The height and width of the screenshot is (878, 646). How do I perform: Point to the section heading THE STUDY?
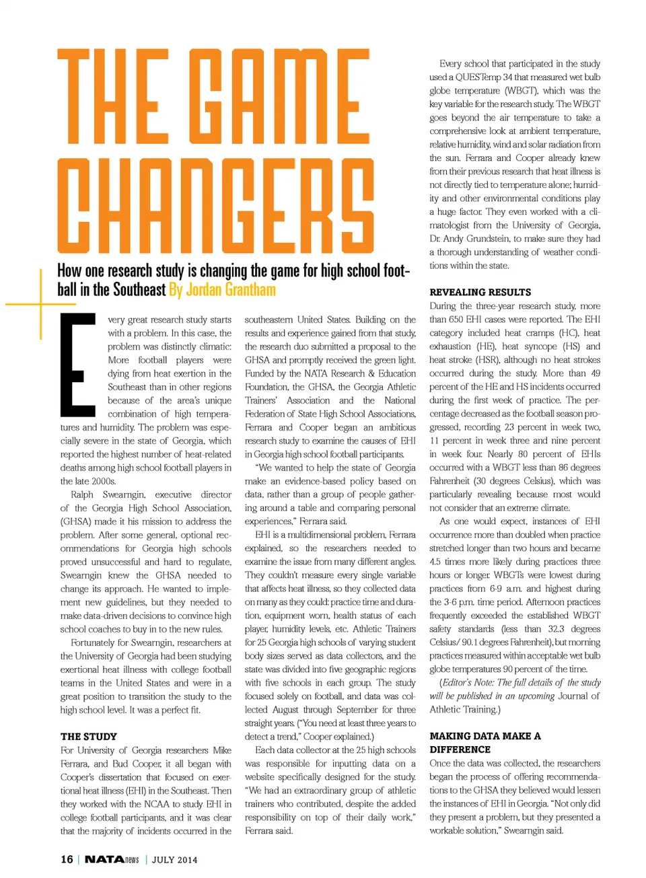click(88, 736)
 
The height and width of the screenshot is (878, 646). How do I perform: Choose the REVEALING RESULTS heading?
click(480, 292)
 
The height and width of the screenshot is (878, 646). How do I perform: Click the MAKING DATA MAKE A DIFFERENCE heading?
click(485, 743)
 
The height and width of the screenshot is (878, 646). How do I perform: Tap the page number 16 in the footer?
click(67, 859)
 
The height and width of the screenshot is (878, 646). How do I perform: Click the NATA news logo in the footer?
click(112, 859)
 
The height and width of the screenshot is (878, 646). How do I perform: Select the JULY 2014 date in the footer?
click(175, 860)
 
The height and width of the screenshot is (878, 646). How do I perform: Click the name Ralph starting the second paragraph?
click(82, 495)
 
